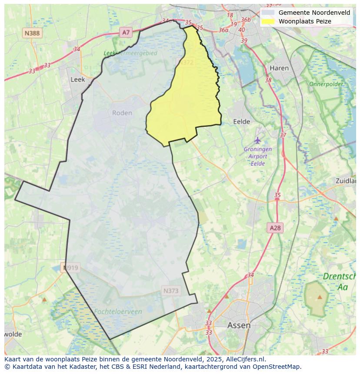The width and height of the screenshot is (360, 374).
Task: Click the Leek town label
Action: pyautogui.click(x=78, y=79)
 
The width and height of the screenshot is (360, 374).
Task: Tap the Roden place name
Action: pyautogui.click(x=122, y=113)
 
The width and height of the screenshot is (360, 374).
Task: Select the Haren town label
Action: pyautogui.click(x=279, y=68)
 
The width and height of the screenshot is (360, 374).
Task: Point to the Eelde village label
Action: pyautogui.click(x=242, y=122)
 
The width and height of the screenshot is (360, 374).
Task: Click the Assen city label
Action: pyautogui.click(x=239, y=325)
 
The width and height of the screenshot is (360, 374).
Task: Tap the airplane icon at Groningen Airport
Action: pyautogui.click(x=258, y=140)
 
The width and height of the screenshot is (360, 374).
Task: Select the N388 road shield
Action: pyautogui.click(x=32, y=33)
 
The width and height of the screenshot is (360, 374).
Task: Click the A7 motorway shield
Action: pyautogui.click(x=126, y=32)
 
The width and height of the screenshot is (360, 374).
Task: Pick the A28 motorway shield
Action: pyautogui.click(x=275, y=228)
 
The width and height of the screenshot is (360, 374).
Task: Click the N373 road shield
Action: pyautogui.click(x=171, y=291)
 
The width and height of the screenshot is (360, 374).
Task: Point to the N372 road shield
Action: pyautogui.click(x=187, y=63)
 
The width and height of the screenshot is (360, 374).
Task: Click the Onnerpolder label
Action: pyautogui.click(x=326, y=84)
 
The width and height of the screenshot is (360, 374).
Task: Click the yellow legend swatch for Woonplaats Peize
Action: pyautogui.click(x=268, y=21)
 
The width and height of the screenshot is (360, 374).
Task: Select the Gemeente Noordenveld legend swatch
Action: pyautogui.click(x=268, y=13)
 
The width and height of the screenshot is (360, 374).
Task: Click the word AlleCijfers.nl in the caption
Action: pyautogui.click(x=247, y=359)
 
